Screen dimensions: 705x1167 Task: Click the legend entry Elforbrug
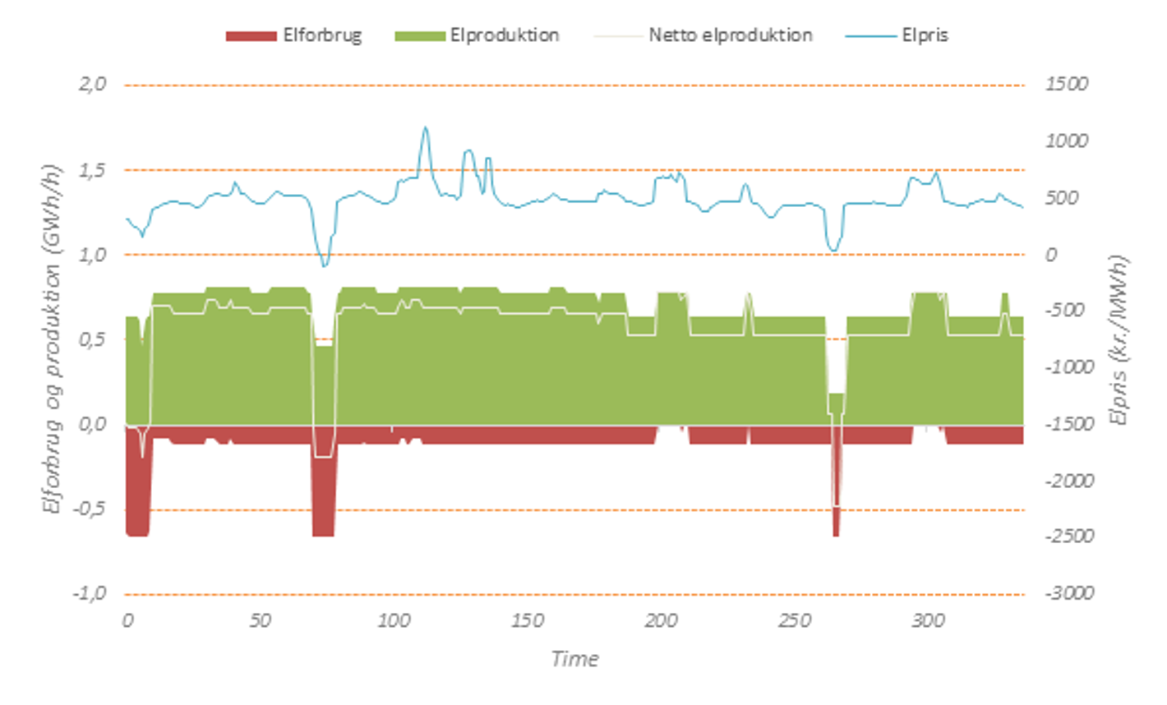tap(321, 35)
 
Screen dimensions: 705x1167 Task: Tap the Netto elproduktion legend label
tap(730, 35)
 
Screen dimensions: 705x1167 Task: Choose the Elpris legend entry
tap(925, 35)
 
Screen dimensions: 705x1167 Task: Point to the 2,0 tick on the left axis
tap(92, 84)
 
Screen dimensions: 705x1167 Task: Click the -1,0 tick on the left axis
tap(90, 593)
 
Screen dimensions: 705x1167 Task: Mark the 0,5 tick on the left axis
tap(92, 339)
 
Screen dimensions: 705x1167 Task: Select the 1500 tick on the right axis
tap(1066, 84)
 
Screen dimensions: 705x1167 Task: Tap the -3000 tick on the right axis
tap(1069, 593)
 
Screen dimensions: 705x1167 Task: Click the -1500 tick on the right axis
tap(1069, 424)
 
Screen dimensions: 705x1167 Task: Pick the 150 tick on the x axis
tap(527, 621)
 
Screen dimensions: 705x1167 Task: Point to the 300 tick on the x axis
tap(928, 621)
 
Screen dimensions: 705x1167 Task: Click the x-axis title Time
tap(574, 658)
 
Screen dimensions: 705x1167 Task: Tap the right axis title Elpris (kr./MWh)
tap(1119, 339)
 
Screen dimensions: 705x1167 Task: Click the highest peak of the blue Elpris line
tap(425, 127)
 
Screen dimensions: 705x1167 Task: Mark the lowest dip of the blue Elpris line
tap(324, 265)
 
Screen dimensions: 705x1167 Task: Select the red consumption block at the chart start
tap(137, 493)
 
